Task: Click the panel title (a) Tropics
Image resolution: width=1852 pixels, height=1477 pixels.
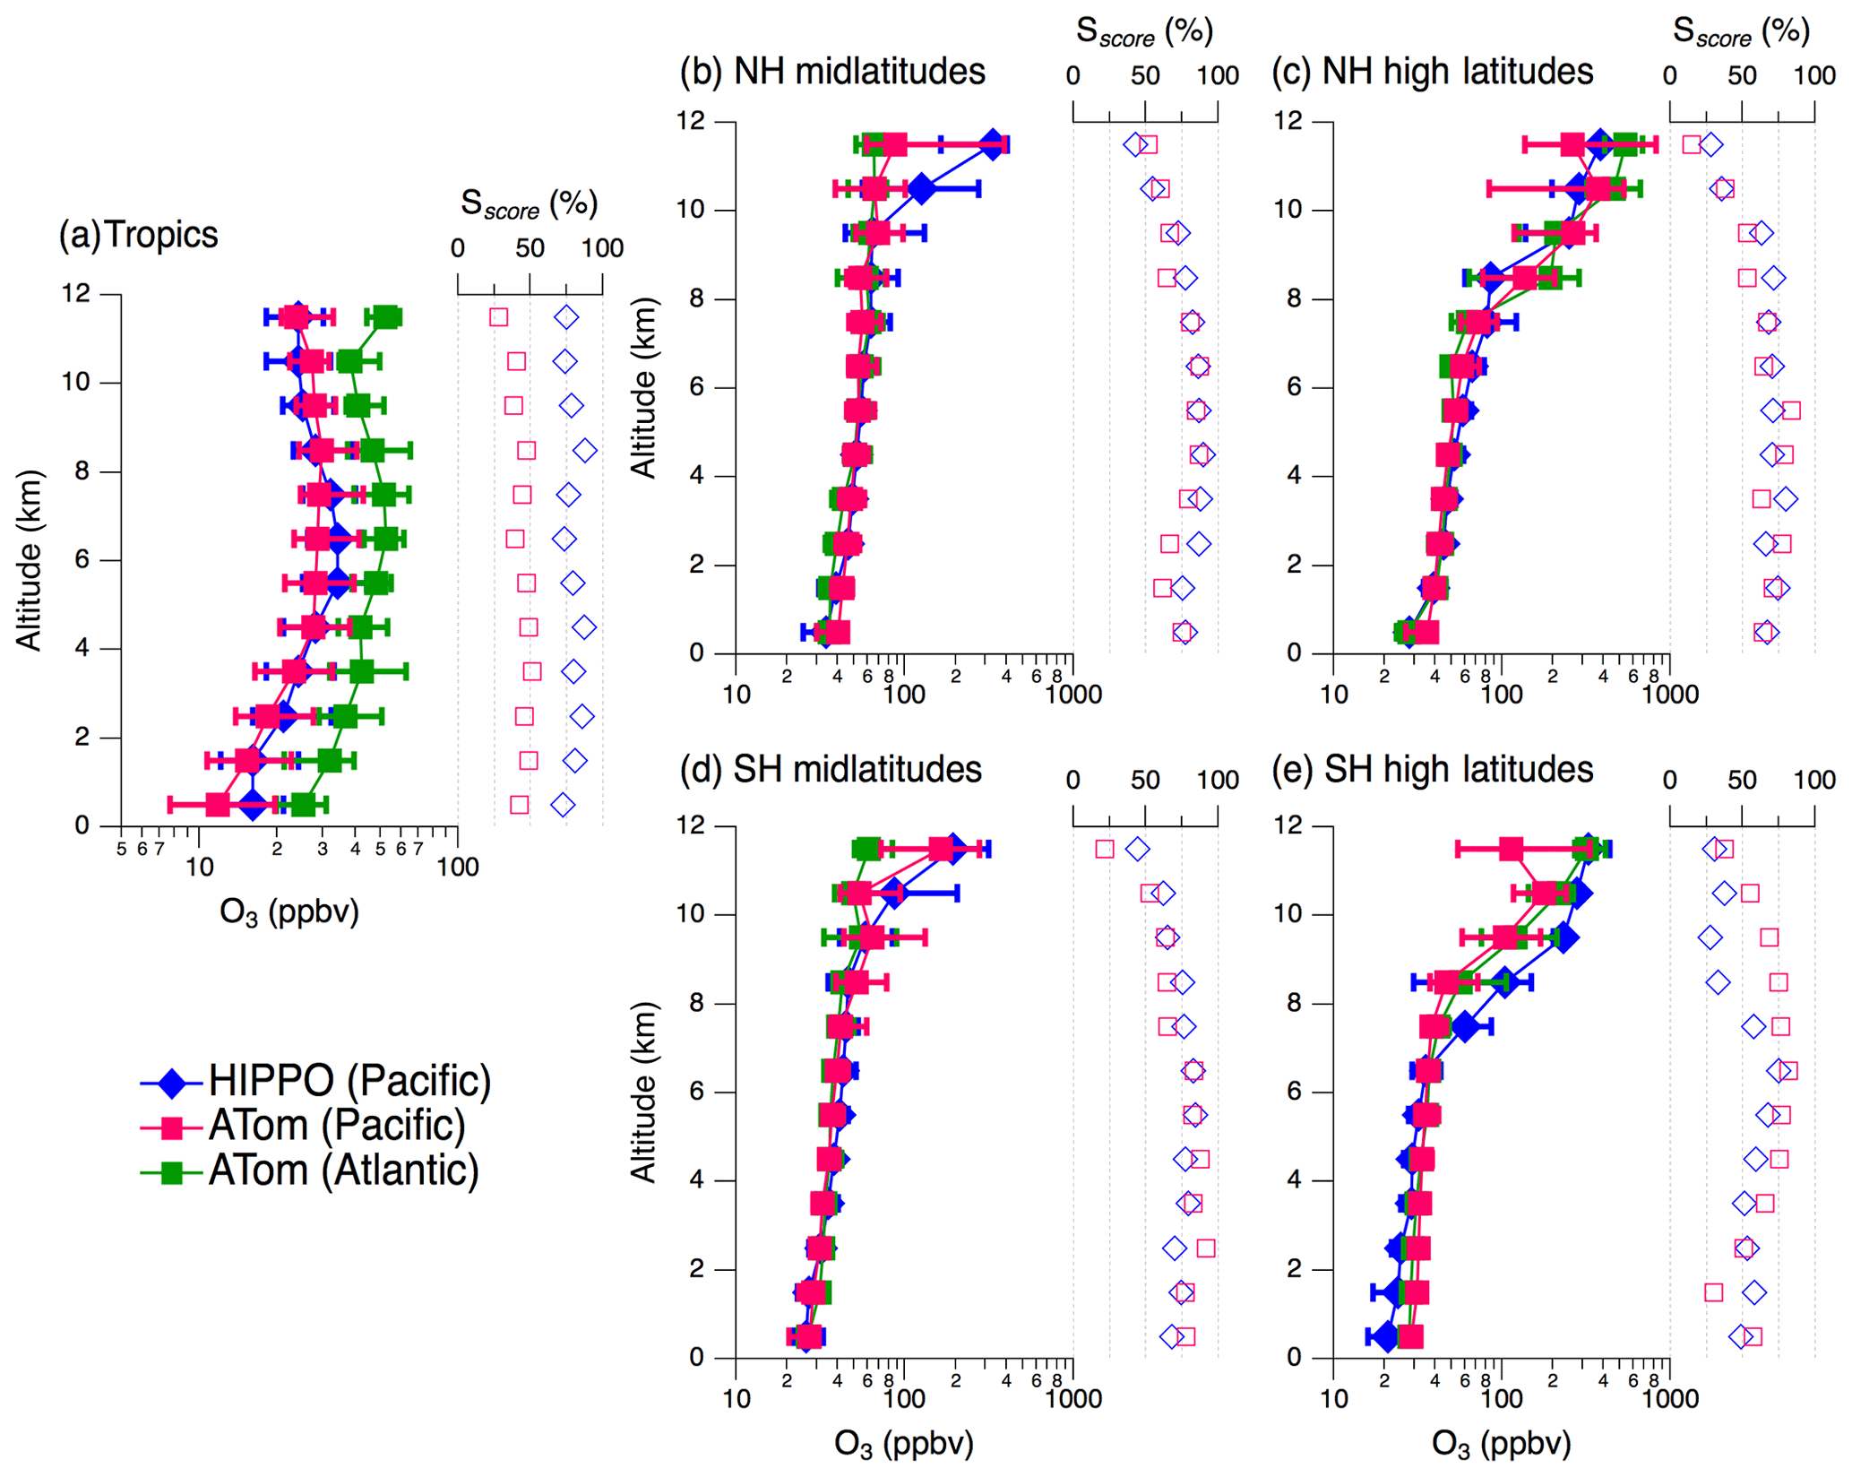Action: coord(138,235)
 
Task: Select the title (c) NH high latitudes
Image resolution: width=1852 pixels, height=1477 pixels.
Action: coord(1432,72)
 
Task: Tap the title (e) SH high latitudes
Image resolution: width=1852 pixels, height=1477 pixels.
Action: coord(1432,769)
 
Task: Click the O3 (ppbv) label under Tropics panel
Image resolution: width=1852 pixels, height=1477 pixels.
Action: coord(289,911)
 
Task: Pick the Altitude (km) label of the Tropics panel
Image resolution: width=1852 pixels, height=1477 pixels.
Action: coord(29,559)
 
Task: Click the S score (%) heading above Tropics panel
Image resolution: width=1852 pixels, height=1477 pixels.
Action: coord(529,204)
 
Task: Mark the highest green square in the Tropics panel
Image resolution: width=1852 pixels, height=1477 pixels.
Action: coord(386,317)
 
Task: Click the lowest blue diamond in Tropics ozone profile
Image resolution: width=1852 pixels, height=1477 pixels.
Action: coord(254,805)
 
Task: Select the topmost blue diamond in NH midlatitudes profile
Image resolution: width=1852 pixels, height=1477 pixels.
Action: coord(992,144)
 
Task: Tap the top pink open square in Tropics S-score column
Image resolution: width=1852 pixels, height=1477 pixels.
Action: coord(498,317)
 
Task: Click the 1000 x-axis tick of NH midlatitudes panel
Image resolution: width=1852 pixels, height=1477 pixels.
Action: coord(1072,694)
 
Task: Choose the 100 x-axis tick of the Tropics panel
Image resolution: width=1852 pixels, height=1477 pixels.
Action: coord(458,867)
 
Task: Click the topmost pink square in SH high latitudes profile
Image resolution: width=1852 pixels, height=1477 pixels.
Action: coord(1511,849)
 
